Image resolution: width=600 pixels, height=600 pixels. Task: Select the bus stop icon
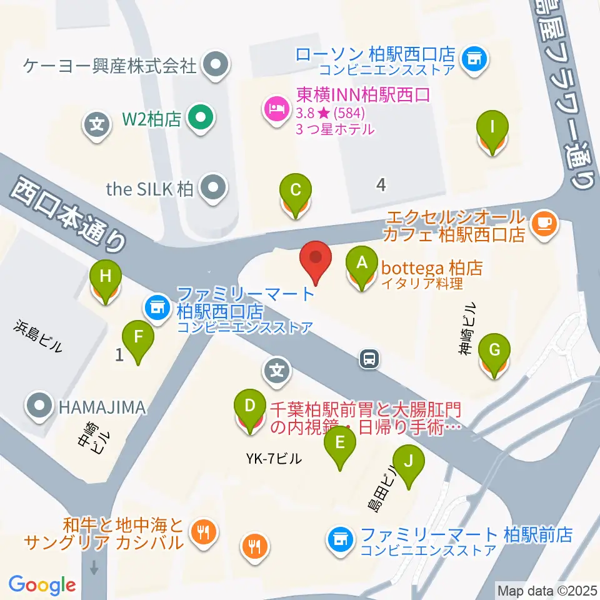click(368, 359)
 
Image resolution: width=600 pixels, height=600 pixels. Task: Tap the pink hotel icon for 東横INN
click(274, 111)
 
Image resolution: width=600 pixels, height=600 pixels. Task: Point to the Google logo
click(42, 585)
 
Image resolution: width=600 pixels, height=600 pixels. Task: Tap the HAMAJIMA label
click(102, 407)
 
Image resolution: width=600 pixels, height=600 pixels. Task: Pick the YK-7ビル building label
click(273, 459)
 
